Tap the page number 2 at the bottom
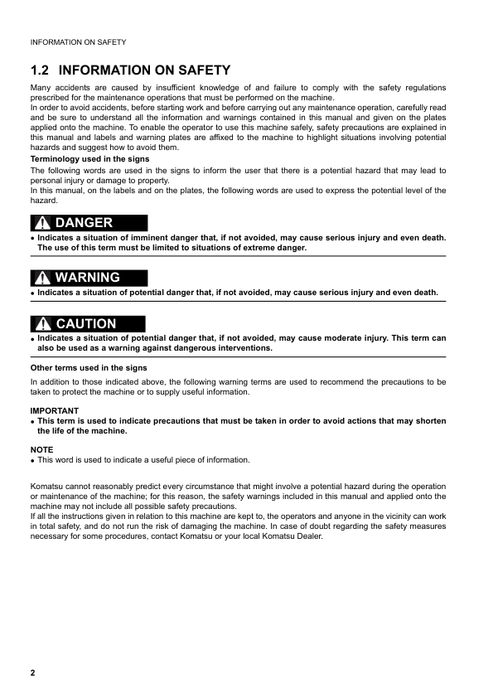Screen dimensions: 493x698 tap(33, 672)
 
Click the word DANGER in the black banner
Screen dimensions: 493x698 tap(84, 223)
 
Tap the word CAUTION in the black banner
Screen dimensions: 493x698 tap(86, 324)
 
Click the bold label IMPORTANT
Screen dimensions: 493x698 tap(55, 410)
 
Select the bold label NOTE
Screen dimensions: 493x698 tap(41, 449)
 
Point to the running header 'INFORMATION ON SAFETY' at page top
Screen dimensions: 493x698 tap(78, 41)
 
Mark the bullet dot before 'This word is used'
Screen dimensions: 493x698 tap(32, 460)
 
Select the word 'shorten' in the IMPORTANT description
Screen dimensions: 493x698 tap(430, 420)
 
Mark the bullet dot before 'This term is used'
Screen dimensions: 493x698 tap(32, 421)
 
